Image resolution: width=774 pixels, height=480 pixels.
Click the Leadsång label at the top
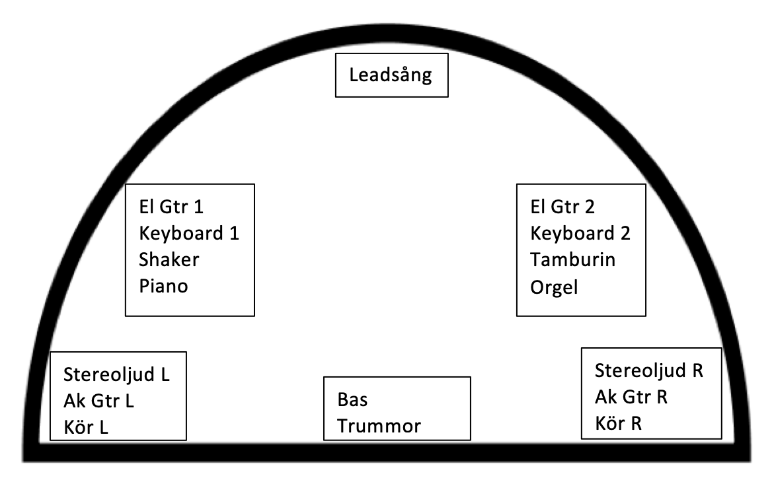[391, 75]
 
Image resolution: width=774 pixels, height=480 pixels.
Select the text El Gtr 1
[171, 207]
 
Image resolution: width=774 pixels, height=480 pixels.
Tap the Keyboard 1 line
[188, 233]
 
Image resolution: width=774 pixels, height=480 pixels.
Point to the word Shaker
[169, 259]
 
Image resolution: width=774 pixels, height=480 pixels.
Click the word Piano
[164, 287]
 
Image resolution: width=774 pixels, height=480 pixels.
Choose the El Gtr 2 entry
[563, 207]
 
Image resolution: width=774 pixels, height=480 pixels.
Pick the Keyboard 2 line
[580, 233]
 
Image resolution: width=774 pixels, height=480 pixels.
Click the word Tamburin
[572, 259]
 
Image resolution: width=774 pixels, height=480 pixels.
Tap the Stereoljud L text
[117, 374]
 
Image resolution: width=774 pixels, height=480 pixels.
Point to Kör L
[86, 427]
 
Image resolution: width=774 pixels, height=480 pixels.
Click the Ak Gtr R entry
[631, 396]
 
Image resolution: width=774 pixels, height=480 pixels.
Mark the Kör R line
[618, 422]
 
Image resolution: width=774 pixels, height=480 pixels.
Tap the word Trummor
[379, 427]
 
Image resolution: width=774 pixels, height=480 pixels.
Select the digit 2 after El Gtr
[590, 207]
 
